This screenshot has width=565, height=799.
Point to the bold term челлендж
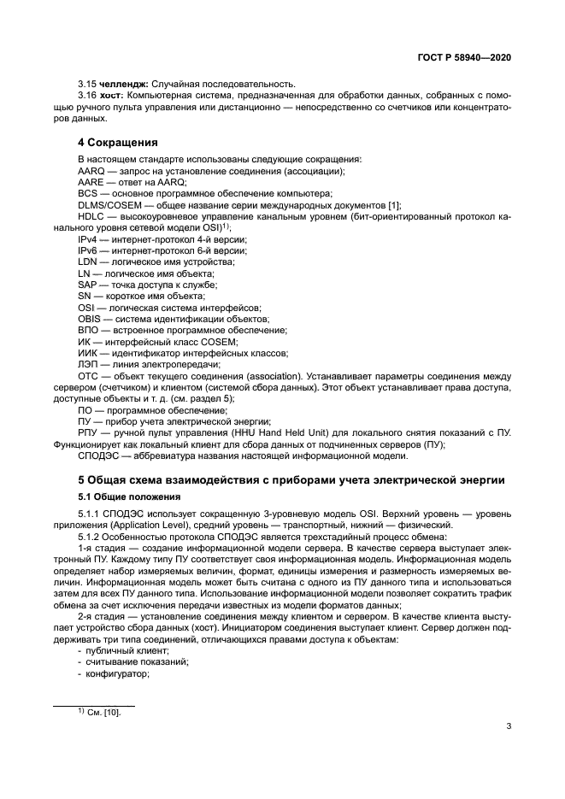pos(123,84)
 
